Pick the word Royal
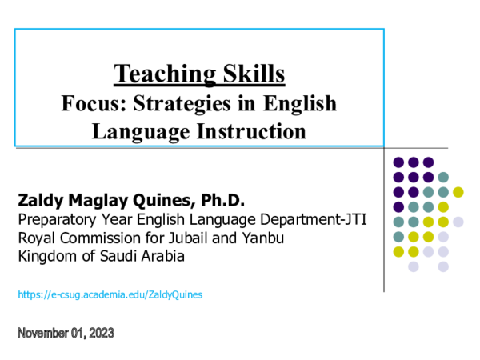[35, 238]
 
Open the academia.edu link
[110, 294]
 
